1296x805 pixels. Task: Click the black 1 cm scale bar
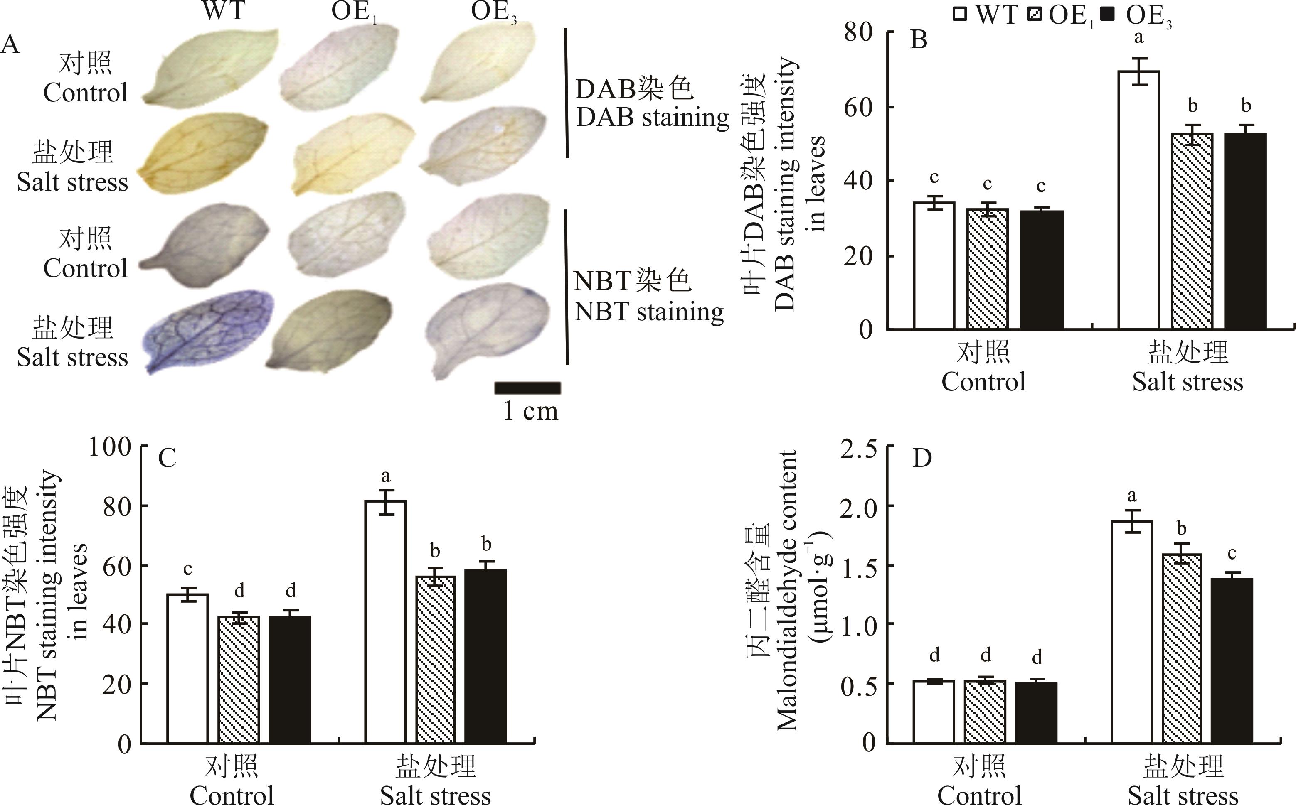point(527,388)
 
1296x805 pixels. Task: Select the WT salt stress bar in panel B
point(1139,200)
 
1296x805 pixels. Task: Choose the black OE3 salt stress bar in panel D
point(1232,660)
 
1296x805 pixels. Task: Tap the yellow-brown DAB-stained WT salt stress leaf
point(202,155)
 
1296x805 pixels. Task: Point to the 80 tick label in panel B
point(858,33)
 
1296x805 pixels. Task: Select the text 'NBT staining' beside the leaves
point(649,312)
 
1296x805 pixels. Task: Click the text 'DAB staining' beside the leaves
point(653,117)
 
